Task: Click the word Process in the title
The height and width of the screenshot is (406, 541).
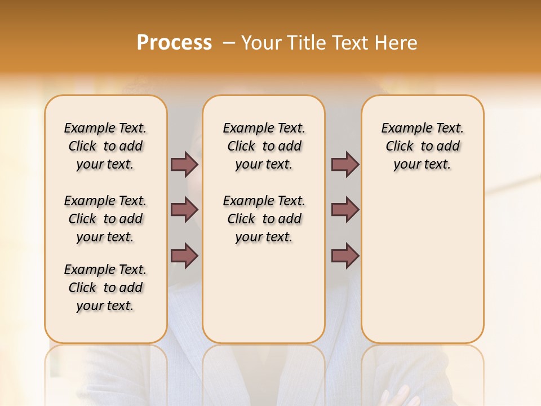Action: (174, 43)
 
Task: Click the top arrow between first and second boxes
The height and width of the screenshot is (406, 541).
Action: (184, 164)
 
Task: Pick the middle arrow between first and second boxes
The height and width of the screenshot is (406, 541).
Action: (184, 210)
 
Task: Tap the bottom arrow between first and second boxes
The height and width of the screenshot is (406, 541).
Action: (184, 255)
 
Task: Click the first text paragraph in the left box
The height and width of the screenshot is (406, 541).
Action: (105, 146)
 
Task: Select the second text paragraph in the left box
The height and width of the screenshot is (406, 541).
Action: (105, 219)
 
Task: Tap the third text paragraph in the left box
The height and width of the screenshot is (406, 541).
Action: (105, 288)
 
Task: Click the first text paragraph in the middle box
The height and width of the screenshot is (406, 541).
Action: (264, 146)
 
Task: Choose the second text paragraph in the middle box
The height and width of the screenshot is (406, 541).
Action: (264, 219)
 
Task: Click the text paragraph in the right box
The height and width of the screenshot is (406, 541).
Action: (422, 146)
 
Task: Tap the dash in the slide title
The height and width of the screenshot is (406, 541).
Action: (229, 43)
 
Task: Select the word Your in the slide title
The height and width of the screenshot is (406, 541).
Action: (260, 43)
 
